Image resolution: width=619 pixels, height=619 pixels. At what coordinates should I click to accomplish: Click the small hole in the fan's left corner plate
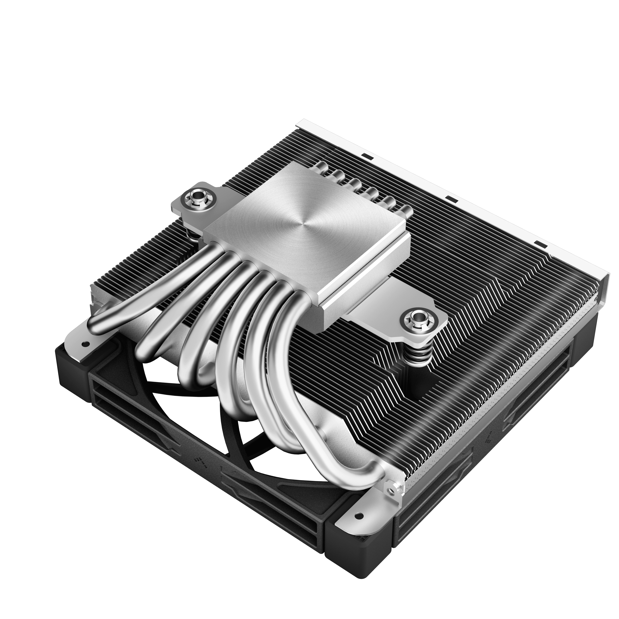point(85,344)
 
